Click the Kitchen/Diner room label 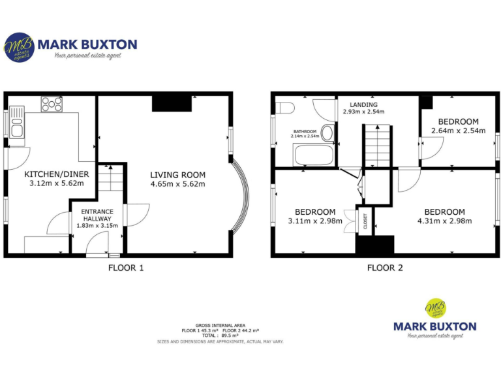point(57,174)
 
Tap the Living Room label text point(177,175)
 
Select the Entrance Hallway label point(97,215)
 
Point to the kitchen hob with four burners point(51,103)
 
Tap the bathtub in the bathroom point(314,155)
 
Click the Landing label point(363,104)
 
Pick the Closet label point(365,222)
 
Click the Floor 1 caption point(125,268)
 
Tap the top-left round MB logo point(19,48)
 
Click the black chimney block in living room point(172,103)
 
